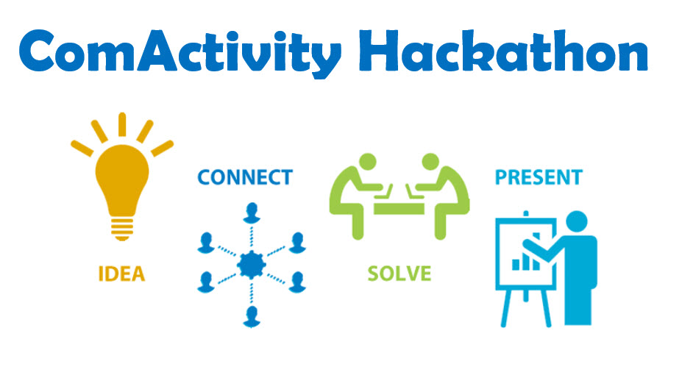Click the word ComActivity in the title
pos(180,53)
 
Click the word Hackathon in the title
pos(503,51)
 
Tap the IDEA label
pos(121,274)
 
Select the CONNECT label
pos(245,177)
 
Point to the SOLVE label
pos(399,274)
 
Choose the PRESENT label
pos(539,177)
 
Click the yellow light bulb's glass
pos(122,179)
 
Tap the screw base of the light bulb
pos(122,229)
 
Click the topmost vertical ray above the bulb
pos(122,125)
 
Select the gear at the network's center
pos(252,265)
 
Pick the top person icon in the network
pos(252,213)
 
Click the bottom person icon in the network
pos(252,317)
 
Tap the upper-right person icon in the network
pos(297,243)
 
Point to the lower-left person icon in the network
pos(206,282)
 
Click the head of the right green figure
pos(430,161)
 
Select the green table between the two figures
pos(399,207)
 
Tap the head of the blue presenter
pos(577,222)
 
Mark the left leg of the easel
pos(506,308)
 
